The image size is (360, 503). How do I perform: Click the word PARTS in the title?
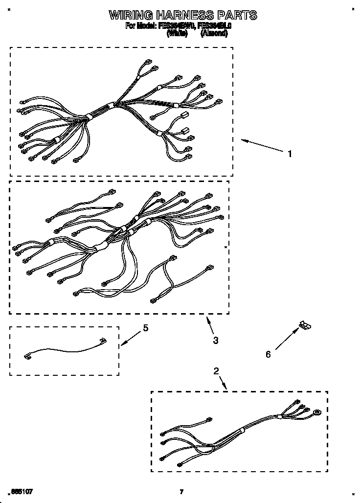[x=239, y=15]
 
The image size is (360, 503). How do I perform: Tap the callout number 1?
[x=290, y=154]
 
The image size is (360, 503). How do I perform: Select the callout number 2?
[x=216, y=371]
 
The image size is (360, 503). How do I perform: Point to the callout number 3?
[x=216, y=340]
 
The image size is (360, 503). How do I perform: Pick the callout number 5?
[x=145, y=328]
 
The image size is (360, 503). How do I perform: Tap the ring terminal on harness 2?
[x=318, y=412]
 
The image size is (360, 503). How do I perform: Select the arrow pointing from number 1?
[x=261, y=146]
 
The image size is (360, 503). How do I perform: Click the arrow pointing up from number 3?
[x=210, y=325]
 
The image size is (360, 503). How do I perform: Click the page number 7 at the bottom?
[x=181, y=492]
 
